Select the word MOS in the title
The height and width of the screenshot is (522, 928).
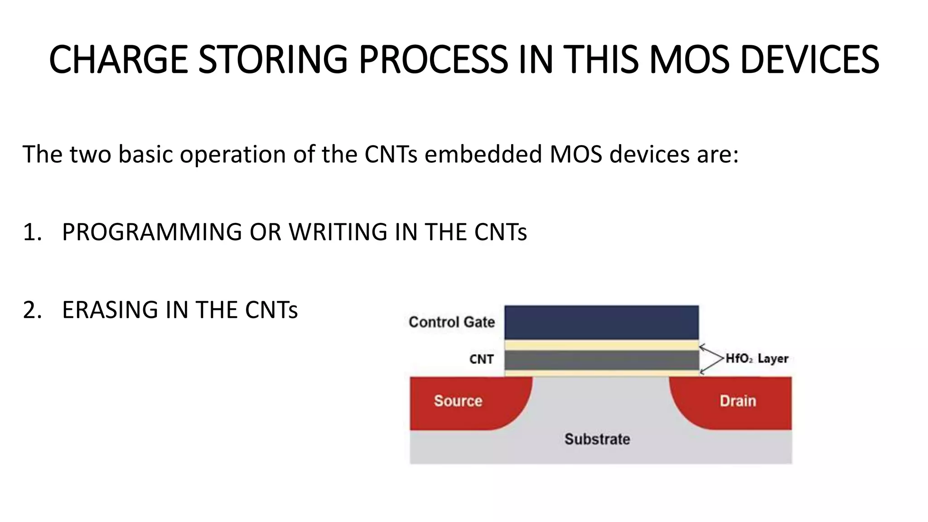[x=689, y=60]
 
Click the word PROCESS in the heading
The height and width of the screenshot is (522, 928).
[x=433, y=60]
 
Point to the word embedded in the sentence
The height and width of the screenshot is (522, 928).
[x=483, y=154]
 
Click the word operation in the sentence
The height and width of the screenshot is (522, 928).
[x=232, y=155]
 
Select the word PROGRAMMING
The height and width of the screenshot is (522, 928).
[x=152, y=232]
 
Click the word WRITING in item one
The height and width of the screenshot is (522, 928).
[x=338, y=232]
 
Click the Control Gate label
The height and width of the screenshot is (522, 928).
[x=451, y=322]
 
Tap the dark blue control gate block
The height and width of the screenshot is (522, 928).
[x=601, y=322]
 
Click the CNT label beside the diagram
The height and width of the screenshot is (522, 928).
[x=481, y=359]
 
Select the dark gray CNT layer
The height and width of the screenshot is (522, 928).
[x=601, y=360]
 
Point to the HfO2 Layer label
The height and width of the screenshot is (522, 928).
[x=756, y=359]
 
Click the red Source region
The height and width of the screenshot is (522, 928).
[x=458, y=401]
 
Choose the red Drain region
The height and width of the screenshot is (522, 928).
[x=738, y=401]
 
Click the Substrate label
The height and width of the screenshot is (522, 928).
[x=597, y=439]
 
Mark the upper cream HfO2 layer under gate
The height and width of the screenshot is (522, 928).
[x=601, y=345]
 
